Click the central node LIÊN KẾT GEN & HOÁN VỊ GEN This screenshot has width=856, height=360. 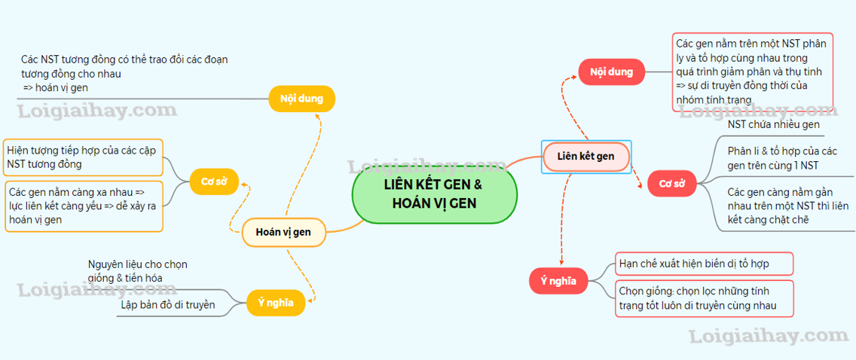click(434, 194)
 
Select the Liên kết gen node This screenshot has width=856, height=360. click(585, 157)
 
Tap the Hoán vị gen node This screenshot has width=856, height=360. click(283, 232)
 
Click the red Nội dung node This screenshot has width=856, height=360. click(611, 72)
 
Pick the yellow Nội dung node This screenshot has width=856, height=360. click(301, 99)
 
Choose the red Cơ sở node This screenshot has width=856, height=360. click(671, 184)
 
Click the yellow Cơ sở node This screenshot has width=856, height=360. click(214, 181)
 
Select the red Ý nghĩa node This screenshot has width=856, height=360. click(558, 282)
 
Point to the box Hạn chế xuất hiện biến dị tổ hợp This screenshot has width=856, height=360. click(704, 264)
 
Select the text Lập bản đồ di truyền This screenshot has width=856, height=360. click(167, 305)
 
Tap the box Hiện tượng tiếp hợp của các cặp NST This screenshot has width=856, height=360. click(84, 157)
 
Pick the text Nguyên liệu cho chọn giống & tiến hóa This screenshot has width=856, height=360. click(137, 271)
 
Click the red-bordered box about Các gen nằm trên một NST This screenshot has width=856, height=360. click(753, 72)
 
